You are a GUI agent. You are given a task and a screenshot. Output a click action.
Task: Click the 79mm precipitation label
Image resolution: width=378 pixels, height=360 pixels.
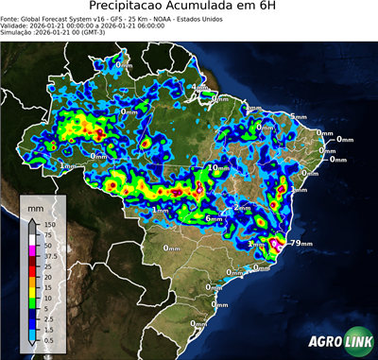[301, 244]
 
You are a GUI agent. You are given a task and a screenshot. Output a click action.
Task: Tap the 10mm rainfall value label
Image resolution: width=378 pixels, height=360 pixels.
[218, 167]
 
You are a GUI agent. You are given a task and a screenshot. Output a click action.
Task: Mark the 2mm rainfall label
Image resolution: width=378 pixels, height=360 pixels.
[242, 207]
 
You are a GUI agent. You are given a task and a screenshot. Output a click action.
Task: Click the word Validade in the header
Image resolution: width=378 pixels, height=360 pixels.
[19, 26]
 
